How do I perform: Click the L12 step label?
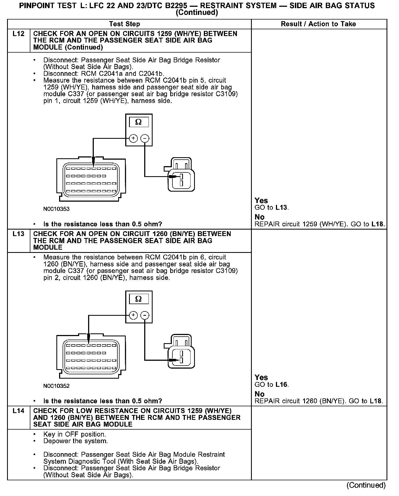tap(18, 34)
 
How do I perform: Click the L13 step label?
tap(18, 234)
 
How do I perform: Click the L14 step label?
tap(18, 411)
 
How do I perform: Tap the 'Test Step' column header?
tap(124, 24)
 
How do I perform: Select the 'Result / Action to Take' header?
tap(318, 24)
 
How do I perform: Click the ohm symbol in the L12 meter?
tap(139, 122)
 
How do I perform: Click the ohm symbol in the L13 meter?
tap(139, 299)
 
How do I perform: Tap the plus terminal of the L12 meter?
tap(133, 139)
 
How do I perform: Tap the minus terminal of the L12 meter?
tap(145, 139)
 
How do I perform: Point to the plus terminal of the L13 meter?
tap(133, 315)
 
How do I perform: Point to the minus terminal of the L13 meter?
tap(145, 315)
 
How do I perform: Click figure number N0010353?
tap(56, 209)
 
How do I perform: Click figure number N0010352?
tap(56, 386)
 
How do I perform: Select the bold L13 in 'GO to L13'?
tap(281, 208)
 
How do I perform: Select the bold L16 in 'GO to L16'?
tap(281, 385)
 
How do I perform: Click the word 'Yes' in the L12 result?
tap(261, 201)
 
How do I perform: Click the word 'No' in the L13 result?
tap(259, 394)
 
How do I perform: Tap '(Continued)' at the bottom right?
tap(366, 485)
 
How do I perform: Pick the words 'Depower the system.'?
tap(76, 441)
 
